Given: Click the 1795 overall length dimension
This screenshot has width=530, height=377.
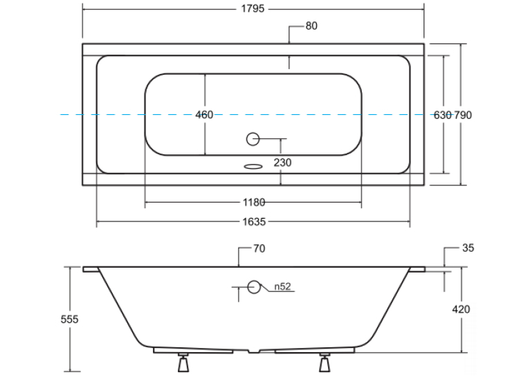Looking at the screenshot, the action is pyautogui.click(x=253, y=8).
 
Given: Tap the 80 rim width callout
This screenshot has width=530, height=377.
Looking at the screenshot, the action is pyautogui.click(x=311, y=26).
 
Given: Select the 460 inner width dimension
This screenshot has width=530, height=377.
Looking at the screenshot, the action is pyautogui.click(x=204, y=115).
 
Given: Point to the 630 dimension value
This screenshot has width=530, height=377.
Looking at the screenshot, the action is pyautogui.click(x=442, y=116).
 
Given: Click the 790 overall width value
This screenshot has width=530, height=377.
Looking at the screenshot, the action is pyautogui.click(x=463, y=116).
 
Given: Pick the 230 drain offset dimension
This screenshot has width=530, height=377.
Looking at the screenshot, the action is pyautogui.click(x=282, y=163).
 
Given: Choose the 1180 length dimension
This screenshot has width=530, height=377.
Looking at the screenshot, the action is pyautogui.click(x=254, y=203).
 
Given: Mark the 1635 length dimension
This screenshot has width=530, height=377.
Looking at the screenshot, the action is pyautogui.click(x=254, y=222).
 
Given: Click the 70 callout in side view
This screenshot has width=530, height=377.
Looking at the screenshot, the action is pyautogui.click(x=259, y=248).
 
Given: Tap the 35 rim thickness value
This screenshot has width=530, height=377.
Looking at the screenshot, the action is pyautogui.click(x=468, y=248).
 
